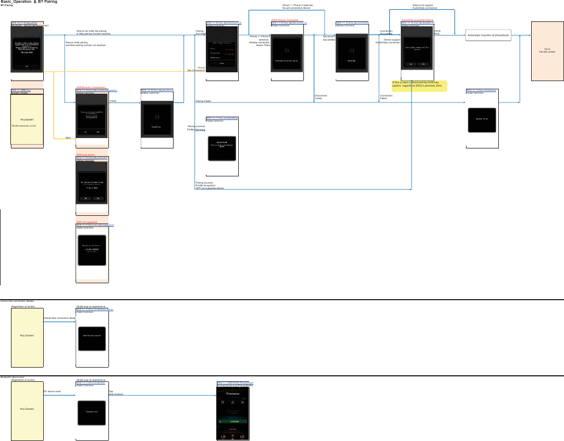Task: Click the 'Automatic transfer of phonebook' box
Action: pos(488,35)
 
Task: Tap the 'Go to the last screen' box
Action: pos(548,50)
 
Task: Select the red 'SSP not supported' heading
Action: pos(87,222)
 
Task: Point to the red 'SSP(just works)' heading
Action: pos(85,154)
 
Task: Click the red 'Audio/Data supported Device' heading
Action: pos(417,20)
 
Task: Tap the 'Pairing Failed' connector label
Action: pos(203,101)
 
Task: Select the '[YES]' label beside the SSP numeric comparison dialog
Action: pos(113,101)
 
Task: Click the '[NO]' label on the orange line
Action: pos(68,138)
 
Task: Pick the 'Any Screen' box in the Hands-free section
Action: pos(27,335)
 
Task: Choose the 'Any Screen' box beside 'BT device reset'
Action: pos(27,409)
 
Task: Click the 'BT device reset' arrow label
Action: pos(52,392)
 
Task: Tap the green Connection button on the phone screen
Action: pos(234,421)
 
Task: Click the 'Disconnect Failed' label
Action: pos(321,97)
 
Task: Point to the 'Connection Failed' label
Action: pos(386,97)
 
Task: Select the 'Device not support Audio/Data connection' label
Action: pos(424,7)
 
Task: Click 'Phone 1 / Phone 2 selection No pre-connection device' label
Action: pos(297,7)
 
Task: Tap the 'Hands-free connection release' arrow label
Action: pos(59,318)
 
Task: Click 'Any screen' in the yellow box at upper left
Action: pos(27,119)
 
